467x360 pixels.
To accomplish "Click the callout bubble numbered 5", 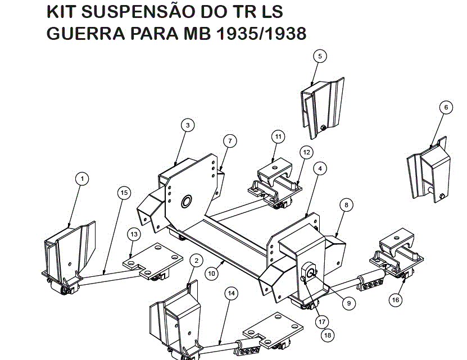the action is pyautogui.click(x=320, y=56).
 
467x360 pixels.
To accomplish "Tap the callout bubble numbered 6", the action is pyautogui.click(x=446, y=107).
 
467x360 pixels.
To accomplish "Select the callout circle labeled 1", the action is pyautogui.click(x=82, y=179).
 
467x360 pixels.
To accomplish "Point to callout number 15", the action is pyautogui.click(x=124, y=193).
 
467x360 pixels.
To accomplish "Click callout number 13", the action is pyautogui.click(x=134, y=234).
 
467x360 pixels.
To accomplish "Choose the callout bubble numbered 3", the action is pyautogui.click(x=188, y=125).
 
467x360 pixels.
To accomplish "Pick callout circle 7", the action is pyautogui.click(x=230, y=141).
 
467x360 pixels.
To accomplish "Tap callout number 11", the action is pyautogui.click(x=278, y=136).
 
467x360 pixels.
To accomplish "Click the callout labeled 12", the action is pyautogui.click(x=306, y=152).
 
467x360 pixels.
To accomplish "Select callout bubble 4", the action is pyautogui.click(x=320, y=168).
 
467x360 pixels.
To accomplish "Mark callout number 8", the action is pyautogui.click(x=346, y=205).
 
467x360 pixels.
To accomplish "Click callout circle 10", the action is pyautogui.click(x=211, y=274).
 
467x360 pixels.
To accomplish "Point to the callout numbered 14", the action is pyautogui.click(x=232, y=293).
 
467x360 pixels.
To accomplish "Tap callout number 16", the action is pyautogui.click(x=396, y=299).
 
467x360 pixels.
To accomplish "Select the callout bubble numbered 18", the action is pyautogui.click(x=328, y=335).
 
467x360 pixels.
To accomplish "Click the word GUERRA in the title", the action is pyautogui.click(x=86, y=33).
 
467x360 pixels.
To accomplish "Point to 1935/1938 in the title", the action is pyautogui.click(x=261, y=33).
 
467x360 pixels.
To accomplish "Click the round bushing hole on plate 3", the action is pyautogui.click(x=187, y=202).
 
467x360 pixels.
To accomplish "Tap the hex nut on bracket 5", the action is pyautogui.click(x=322, y=129).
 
